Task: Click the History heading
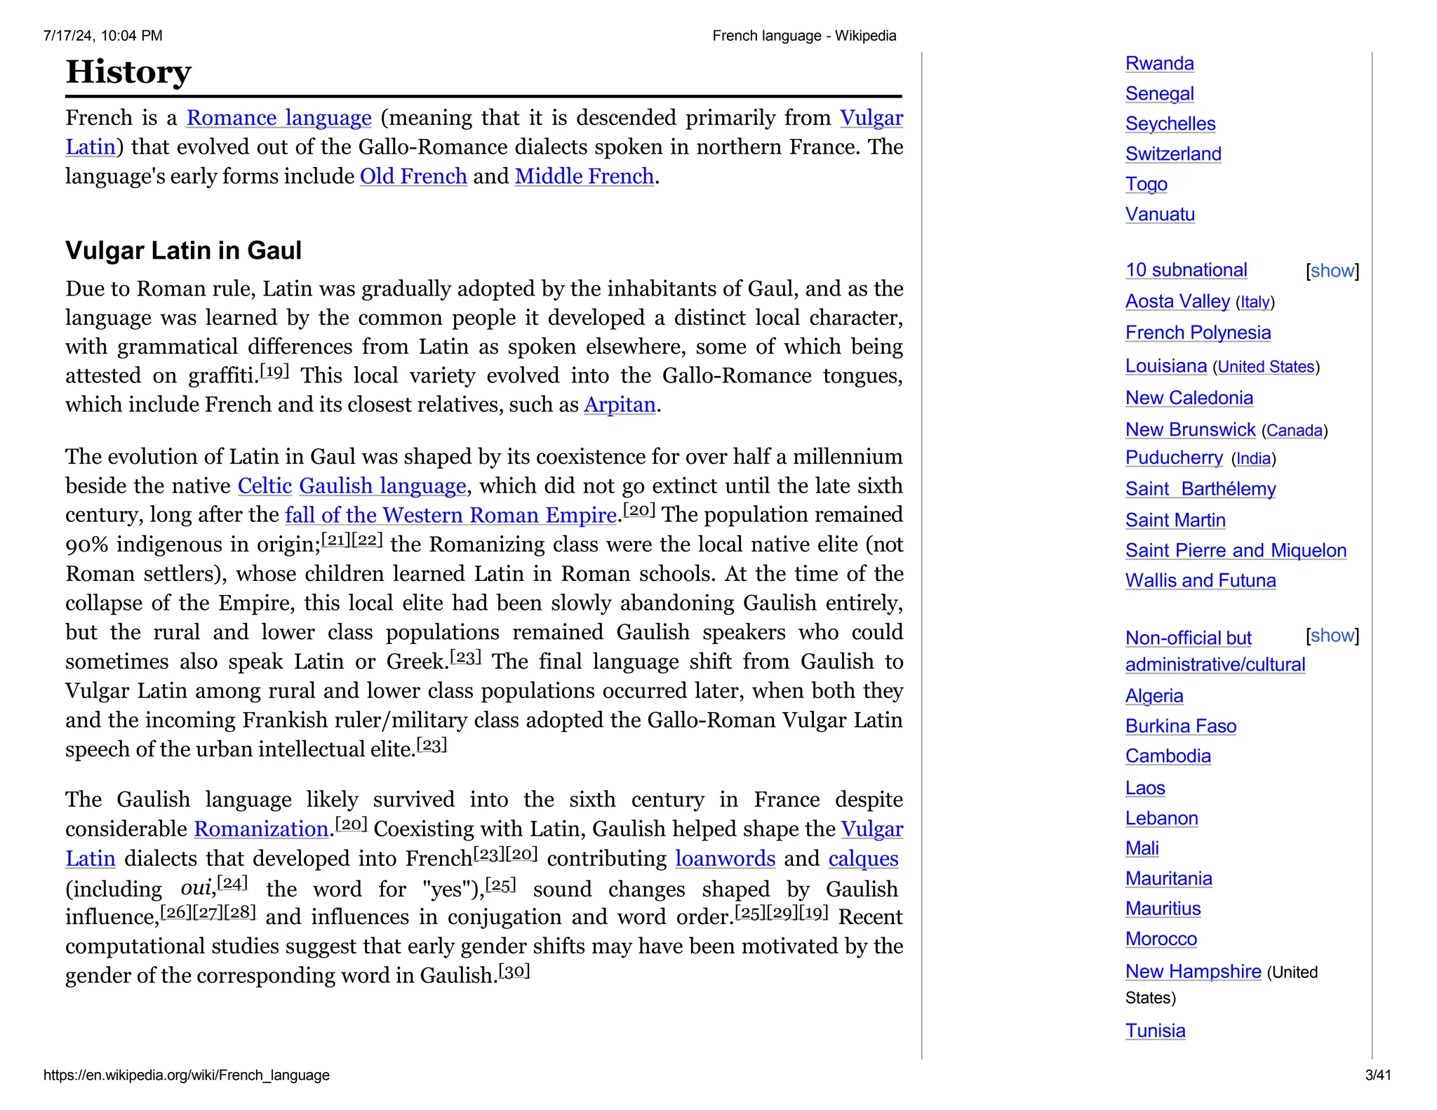(128, 72)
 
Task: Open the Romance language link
(279, 118)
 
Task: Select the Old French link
(413, 176)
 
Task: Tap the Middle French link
(584, 176)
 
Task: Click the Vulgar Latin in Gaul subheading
(183, 250)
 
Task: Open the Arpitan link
(620, 405)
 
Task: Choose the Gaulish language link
(382, 486)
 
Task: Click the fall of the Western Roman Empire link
(450, 515)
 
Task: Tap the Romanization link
(261, 829)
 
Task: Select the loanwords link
(725, 859)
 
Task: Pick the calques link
(863, 859)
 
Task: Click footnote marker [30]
(514, 972)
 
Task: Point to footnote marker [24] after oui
(232, 883)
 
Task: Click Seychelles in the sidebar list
(1170, 124)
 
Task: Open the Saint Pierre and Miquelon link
(1236, 551)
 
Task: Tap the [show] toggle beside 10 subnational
(1332, 271)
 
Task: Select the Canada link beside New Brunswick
(1294, 431)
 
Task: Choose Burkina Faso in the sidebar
(1180, 726)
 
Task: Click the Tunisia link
(1155, 1031)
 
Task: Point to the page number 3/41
(1377, 1075)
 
